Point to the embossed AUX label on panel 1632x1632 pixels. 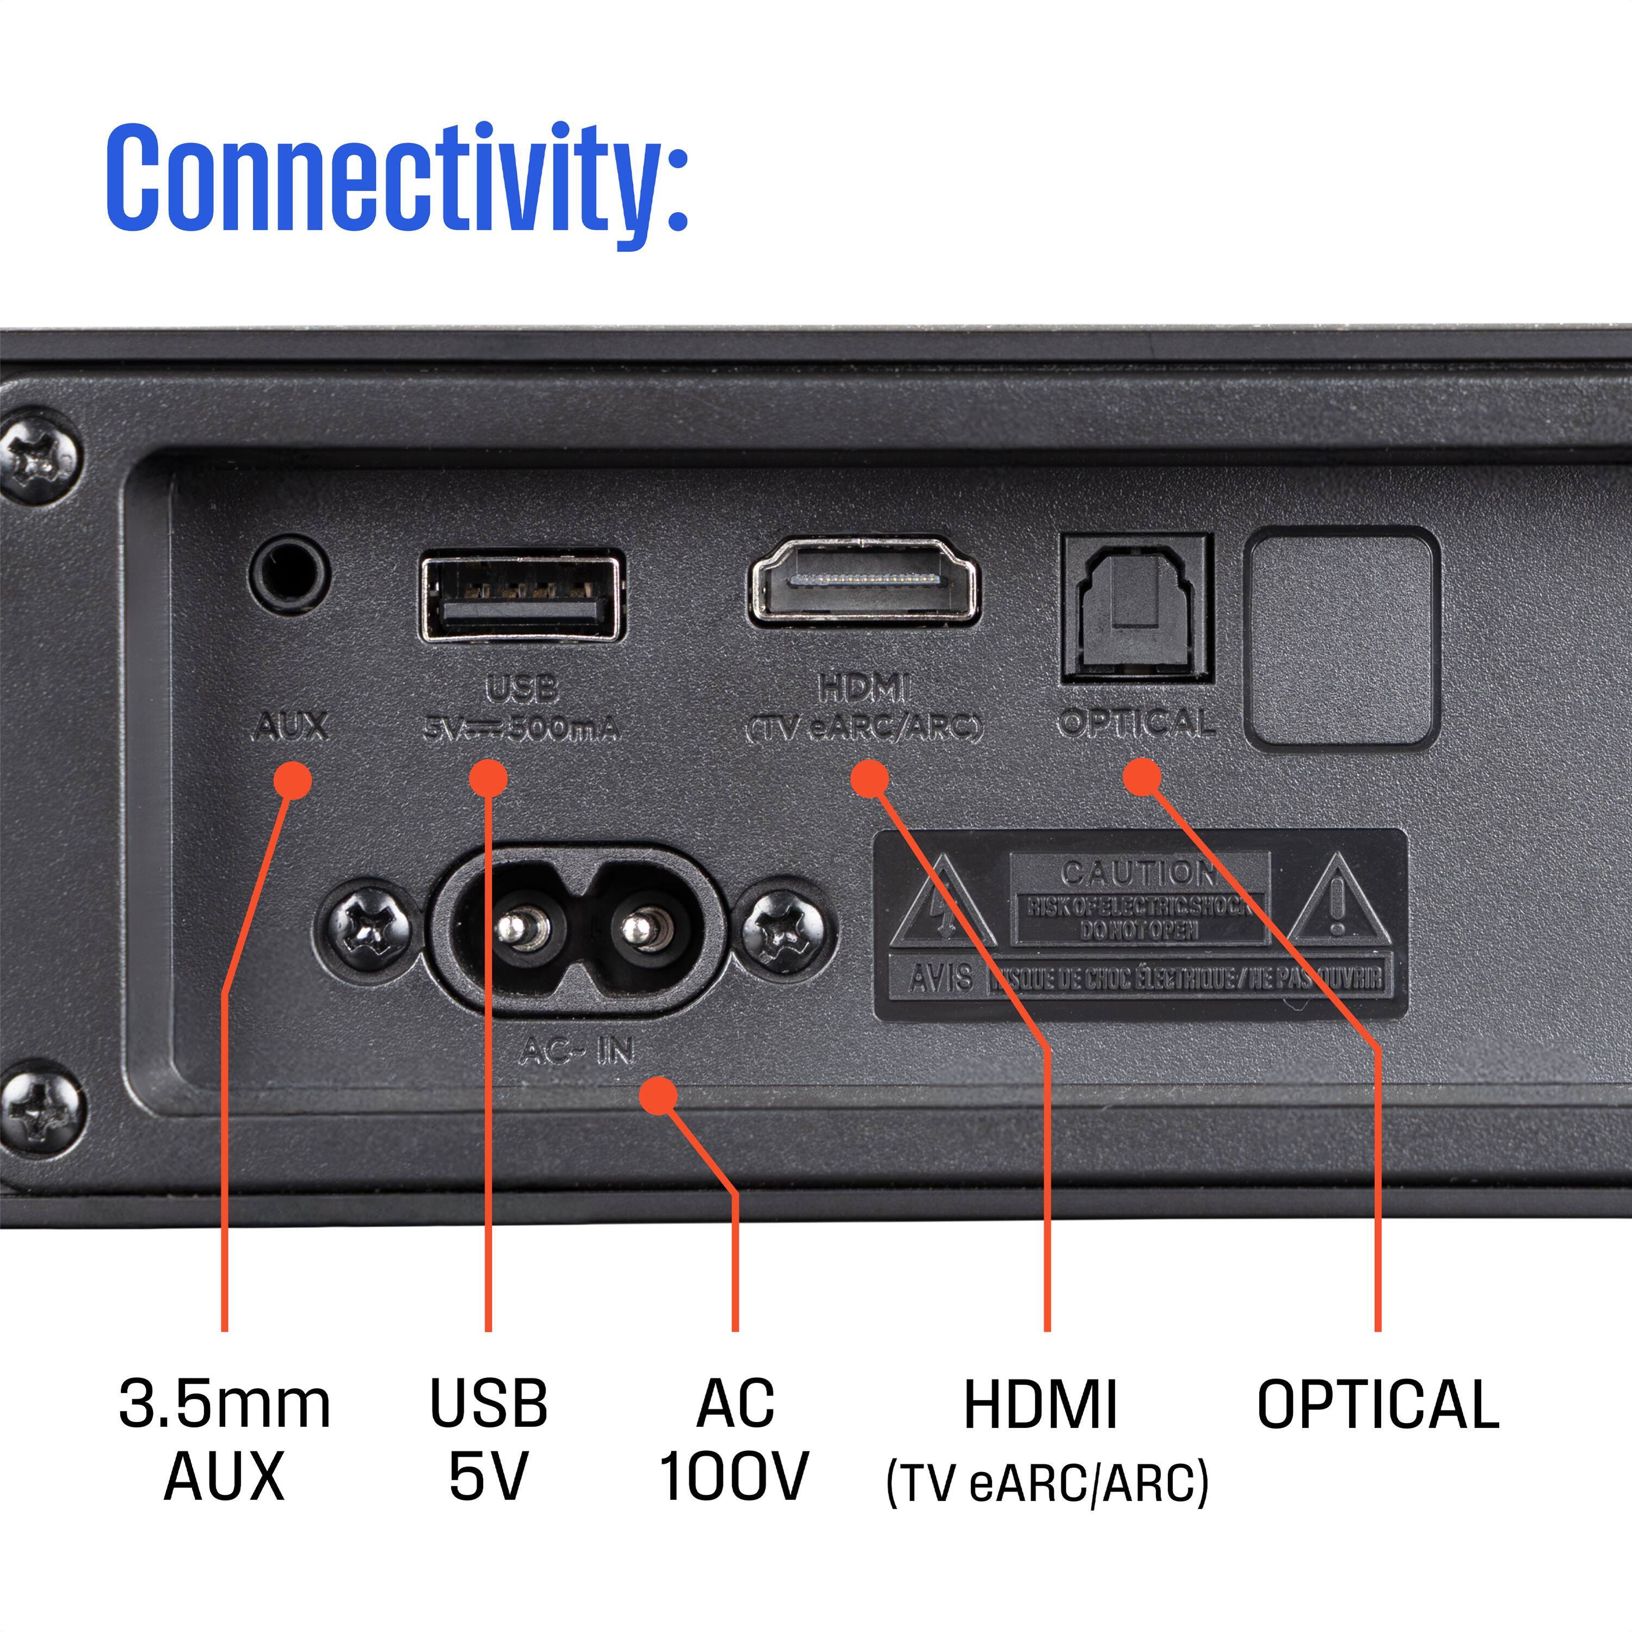click(x=290, y=726)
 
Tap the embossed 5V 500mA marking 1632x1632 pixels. click(x=521, y=728)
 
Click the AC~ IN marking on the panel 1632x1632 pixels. click(x=577, y=1051)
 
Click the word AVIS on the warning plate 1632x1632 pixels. click(x=941, y=978)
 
